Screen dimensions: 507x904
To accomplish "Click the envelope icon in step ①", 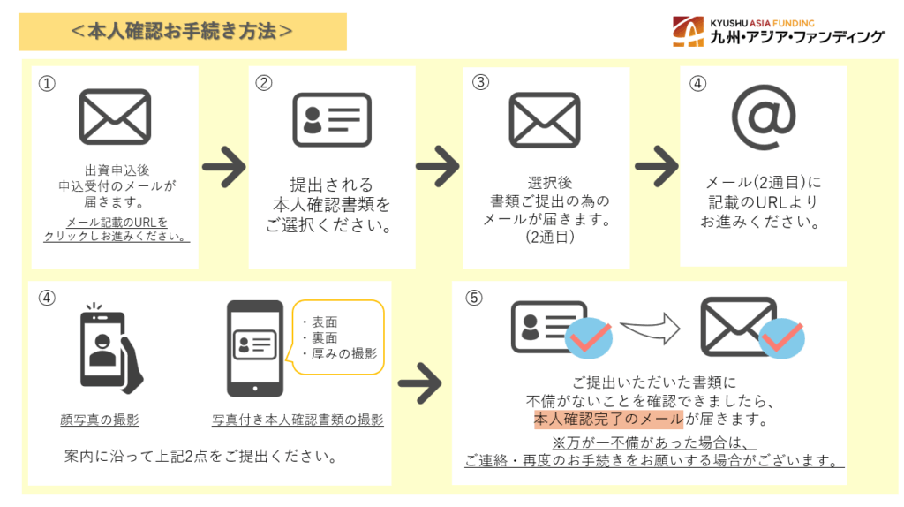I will click(115, 117).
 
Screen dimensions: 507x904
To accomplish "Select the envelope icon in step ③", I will click(545, 118).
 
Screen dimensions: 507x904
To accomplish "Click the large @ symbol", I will click(764, 117).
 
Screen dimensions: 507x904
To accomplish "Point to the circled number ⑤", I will click(474, 298).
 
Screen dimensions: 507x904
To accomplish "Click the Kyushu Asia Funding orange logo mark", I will click(689, 31).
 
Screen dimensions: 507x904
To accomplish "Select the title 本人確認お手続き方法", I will click(182, 31).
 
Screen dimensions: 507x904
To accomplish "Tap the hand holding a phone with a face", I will click(110, 347).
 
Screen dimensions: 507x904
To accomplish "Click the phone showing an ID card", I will click(255, 347).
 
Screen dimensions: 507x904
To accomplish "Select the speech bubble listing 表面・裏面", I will click(338, 337).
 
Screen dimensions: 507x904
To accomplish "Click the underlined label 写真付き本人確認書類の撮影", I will click(298, 420).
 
